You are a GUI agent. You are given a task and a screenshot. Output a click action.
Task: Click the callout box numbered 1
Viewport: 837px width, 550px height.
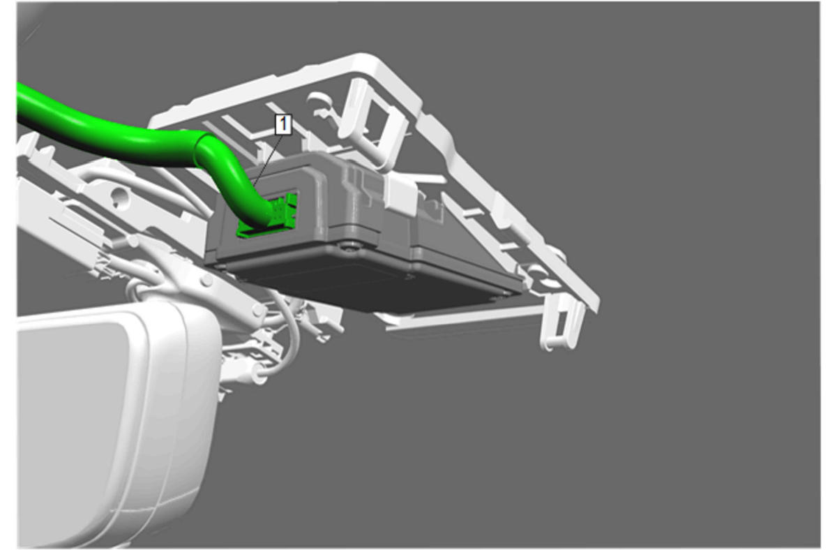(x=283, y=124)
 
